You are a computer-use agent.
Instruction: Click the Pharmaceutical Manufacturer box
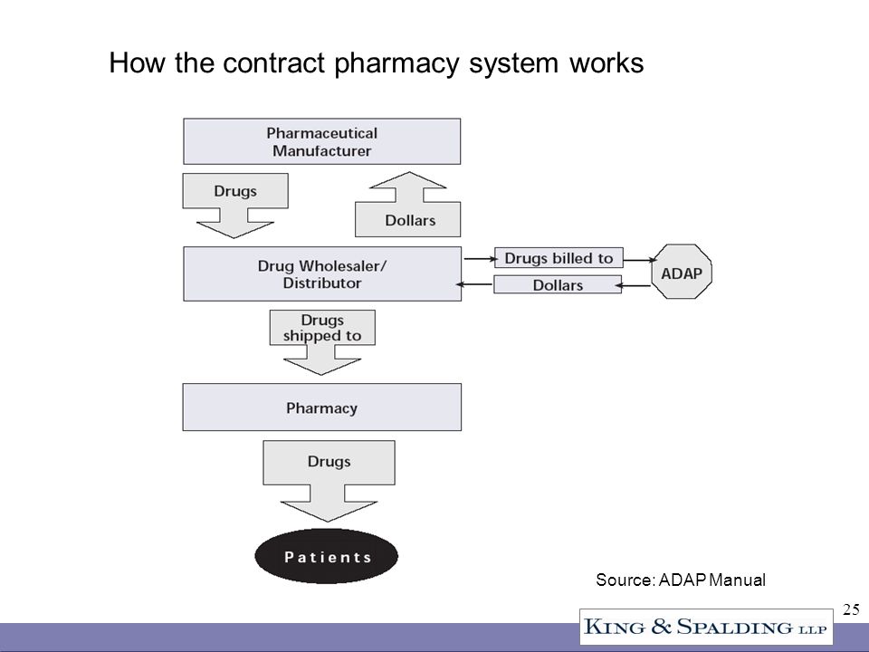(322, 141)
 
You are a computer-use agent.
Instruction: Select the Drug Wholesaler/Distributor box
(322, 273)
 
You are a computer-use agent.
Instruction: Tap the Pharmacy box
(322, 407)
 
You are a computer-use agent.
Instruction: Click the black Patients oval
(327, 556)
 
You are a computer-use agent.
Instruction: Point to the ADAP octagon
(682, 272)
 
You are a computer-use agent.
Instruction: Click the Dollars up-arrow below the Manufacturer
(408, 204)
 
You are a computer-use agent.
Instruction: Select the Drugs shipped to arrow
(322, 342)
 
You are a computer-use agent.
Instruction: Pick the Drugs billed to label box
(559, 258)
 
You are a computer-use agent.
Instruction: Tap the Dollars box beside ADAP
(558, 284)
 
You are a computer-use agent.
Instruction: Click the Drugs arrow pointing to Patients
(329, 481)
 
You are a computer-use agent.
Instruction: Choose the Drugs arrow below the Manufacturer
(235, 206)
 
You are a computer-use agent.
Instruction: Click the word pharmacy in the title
(396, 63)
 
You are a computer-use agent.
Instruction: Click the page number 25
(851, 609)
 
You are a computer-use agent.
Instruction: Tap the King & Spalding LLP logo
(706, 627)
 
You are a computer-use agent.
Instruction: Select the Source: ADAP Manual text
(681, 580)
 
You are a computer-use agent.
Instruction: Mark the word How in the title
(137, 62)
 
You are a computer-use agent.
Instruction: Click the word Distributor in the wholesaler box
(322, 283)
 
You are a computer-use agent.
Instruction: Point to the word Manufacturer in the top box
(322, 151)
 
